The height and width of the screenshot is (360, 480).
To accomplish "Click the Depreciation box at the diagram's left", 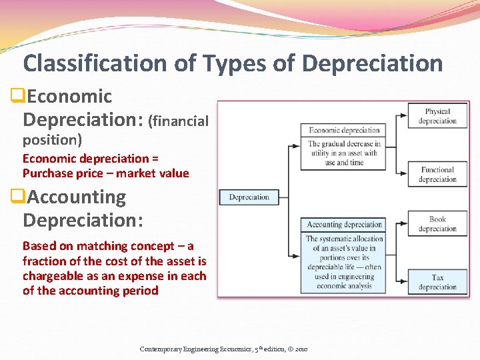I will point(249,197).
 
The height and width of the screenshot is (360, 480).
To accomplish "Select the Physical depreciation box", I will point(437,116).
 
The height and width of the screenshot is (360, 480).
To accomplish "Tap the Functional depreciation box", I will point(437,175).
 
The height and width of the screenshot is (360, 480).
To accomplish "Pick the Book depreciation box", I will point(437,224).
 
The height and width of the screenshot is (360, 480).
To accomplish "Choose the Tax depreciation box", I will point(437,282).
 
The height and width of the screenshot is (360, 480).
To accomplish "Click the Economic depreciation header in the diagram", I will point(344,130).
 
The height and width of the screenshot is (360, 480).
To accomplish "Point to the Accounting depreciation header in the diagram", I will point(344,225).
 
